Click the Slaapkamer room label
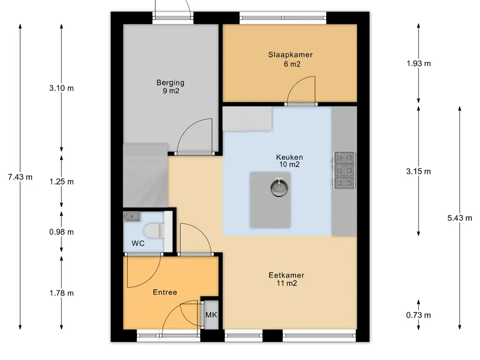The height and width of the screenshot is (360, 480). [290, 55]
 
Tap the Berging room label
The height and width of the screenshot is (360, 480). [170, 82]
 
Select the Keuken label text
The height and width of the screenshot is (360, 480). [289, 157]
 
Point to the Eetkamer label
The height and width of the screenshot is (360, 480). [286, 275]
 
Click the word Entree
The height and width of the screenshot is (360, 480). [165, 292]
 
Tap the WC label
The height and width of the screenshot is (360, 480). [138, 244]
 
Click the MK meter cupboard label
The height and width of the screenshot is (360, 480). [211, 315]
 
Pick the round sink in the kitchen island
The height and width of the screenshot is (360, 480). [279, 187]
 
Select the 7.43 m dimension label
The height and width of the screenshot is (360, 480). [20, 177]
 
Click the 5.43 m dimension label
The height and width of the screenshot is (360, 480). [459, 218]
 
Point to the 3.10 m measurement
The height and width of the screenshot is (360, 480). [61, 88]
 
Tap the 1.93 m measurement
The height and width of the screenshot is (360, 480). [419, 63]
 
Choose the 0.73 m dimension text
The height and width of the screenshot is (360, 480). [419, 315]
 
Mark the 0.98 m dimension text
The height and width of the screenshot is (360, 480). [61, 232]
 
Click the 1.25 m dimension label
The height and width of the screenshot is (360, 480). [61, 182]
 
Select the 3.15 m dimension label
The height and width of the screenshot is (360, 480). [419, 172]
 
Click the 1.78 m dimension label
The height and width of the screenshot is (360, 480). [61, 293]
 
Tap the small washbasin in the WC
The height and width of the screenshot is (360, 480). [132, 217]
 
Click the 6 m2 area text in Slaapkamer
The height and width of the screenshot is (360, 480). [292, 64]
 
